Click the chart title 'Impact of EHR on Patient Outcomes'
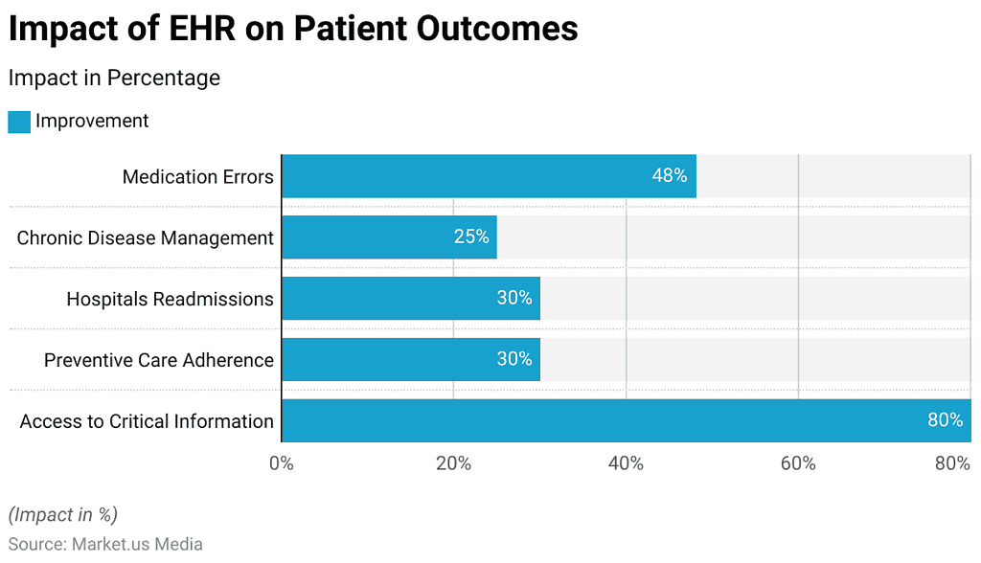click(x=293, y=29)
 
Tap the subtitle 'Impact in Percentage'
click(x=114, y=78)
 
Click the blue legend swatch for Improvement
click(x=19, y=122)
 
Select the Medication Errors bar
click(x=489, y=176)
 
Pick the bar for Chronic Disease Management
click(x=389, y=236)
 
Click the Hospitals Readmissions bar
click(x=410, y=298)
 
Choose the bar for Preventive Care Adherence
click(x=410, y=359)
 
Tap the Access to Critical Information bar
click(x=626, y=420)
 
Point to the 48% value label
click(x=670, y=176)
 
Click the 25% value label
click(x=471, y=236)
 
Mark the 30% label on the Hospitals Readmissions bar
click(x=514, y=298)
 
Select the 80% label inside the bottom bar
click(x=945, y=420)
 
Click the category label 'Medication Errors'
click(x=197, y=176)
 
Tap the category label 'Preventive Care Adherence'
click(x=159, y=360)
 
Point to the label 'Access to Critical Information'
click(x=147, y=421)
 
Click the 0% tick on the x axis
click(x=281, y=463)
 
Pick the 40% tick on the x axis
click(x=626, y=463)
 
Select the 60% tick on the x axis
click(x=798, y=463)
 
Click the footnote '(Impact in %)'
click(x=63, y=514)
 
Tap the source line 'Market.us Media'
click(x=136, y=544)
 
